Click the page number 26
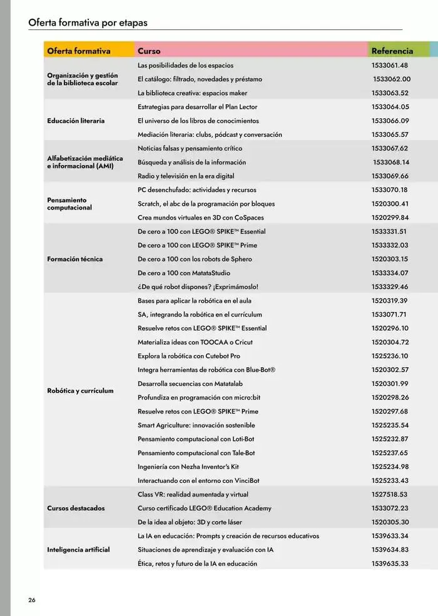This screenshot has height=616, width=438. coord(31,600)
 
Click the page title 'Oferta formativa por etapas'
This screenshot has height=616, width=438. coord(88,23)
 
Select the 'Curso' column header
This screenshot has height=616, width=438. coord(149,51)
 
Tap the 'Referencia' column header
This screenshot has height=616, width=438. coord(392,51)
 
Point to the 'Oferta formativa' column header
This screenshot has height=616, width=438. coord(79,51)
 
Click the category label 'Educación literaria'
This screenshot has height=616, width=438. coord(76,121)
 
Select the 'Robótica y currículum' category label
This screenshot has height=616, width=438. coord(80,391)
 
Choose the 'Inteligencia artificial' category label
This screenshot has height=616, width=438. coord(78,550)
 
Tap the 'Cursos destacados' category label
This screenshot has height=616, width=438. coord(76,508)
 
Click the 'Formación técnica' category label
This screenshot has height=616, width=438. coord(75,259)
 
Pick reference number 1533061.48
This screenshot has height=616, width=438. coord(389,65)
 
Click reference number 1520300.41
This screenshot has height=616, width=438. coord(389,204)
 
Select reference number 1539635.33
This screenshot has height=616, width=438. coord(389,563)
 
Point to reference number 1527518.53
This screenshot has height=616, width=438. coord(389,494)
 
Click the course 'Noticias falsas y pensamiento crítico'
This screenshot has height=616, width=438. coord(190,148)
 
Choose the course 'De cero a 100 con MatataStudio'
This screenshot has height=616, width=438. coord(184,273)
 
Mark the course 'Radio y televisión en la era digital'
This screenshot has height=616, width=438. coord(186,176)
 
